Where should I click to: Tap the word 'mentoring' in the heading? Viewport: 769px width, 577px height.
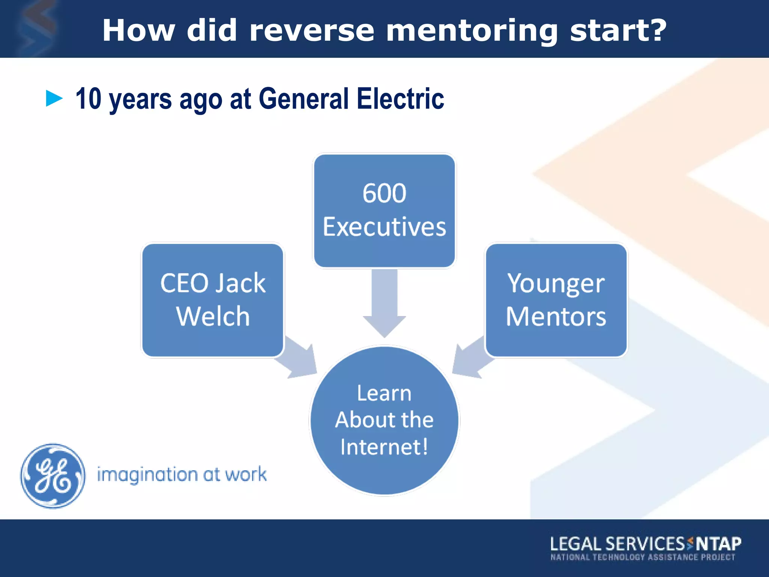[472, 31]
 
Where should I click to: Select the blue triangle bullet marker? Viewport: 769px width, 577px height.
[54, 98]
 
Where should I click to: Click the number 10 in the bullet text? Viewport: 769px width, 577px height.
[88, 98]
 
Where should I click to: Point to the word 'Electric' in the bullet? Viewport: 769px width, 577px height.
[400, 98]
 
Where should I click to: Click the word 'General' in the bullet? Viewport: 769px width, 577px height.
[304, 98]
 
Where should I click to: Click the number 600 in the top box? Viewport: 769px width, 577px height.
[384, 193]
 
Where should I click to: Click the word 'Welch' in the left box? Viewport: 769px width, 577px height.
[213, 316]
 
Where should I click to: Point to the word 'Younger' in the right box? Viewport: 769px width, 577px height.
[556, 284]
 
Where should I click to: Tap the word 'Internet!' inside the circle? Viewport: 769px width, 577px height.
[384, 447]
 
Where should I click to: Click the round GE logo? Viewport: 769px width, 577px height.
[53, 476]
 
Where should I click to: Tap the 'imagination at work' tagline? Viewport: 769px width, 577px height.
[182, 475]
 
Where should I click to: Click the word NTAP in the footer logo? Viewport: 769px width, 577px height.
[718, 544]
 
